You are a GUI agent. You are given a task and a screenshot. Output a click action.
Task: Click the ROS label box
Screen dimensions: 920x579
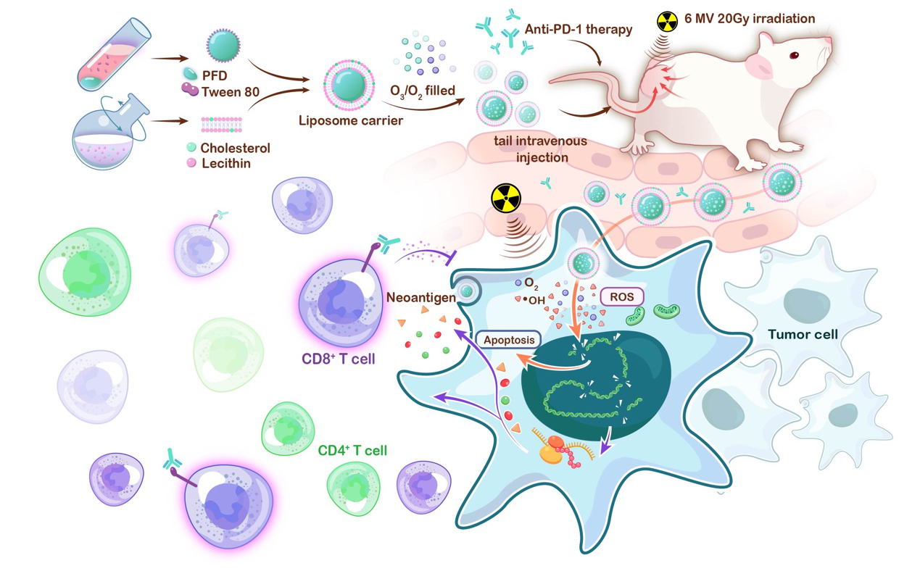click(622, 297)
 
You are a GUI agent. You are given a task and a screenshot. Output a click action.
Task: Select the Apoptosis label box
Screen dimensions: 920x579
click(508, 340)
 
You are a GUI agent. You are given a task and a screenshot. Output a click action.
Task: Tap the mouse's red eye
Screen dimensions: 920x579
click(794, 55)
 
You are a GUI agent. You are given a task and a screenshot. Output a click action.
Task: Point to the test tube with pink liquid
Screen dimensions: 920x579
click(113, 54)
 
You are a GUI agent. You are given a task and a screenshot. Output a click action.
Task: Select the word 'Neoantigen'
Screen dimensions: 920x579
click(421, 297)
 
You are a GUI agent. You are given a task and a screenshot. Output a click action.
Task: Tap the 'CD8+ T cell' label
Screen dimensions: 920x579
click(339, 359)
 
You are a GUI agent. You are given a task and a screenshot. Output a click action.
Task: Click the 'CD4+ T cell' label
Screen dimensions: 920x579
click(352, 451)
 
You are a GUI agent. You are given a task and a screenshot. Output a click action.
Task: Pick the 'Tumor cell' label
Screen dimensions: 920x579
click(803, 334)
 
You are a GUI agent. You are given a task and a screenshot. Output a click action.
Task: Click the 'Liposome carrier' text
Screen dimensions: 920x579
click(351, 121)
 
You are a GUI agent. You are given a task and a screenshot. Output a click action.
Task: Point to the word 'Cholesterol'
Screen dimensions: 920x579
click(236, 148)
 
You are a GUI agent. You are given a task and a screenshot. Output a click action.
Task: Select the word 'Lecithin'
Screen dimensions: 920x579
click(226, 164)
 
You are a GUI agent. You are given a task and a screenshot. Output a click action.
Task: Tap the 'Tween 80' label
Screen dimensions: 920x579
click(231, 91)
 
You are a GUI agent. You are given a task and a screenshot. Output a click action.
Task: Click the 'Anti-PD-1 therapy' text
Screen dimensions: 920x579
click(579, 30)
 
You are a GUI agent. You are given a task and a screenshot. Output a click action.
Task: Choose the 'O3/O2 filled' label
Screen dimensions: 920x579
click(423, 91)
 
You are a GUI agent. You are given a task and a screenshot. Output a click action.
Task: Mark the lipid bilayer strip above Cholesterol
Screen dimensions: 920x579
click(221, 125)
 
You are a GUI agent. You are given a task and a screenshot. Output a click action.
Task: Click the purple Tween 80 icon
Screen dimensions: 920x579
click(190, 88)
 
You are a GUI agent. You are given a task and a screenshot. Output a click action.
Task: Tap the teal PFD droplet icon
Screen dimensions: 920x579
click(190, 73)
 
